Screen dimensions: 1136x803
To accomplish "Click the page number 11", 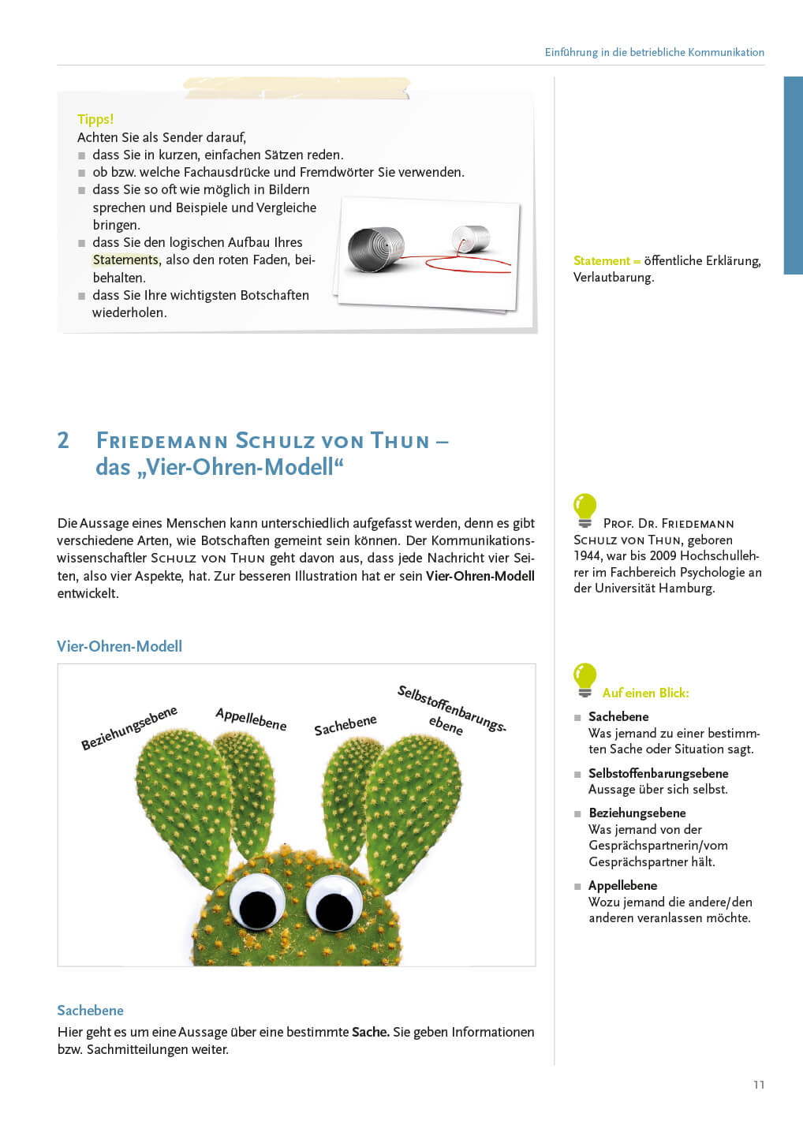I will [759, 1085].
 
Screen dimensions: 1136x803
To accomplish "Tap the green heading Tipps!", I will [95, 119].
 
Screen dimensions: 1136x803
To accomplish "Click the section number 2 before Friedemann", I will [63, 440].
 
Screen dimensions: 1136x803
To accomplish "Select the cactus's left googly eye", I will [257, 903].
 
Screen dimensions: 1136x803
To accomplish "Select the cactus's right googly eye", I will [334, 906].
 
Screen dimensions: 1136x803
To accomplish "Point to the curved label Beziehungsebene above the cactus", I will [129, 727].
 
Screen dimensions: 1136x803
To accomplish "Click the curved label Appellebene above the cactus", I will [251, 719].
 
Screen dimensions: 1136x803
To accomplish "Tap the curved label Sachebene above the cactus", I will [345, 725].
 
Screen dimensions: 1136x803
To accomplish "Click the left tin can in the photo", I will [376, 249].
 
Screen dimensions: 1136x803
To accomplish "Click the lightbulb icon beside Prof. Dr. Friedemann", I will [585, 510].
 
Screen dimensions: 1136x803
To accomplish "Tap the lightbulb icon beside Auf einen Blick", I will [585, 679].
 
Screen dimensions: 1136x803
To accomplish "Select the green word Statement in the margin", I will [602, 260].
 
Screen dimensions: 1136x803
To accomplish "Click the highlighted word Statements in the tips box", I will [125, 260].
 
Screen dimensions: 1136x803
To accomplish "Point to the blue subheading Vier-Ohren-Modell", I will [119, 646].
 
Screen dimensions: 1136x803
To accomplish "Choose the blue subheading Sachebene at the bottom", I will [90, 1011].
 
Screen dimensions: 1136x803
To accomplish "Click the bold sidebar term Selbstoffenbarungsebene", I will [658, 773].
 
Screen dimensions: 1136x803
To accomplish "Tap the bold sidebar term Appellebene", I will [622, 885].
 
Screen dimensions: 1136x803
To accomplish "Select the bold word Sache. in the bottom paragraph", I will [370, 1032].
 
